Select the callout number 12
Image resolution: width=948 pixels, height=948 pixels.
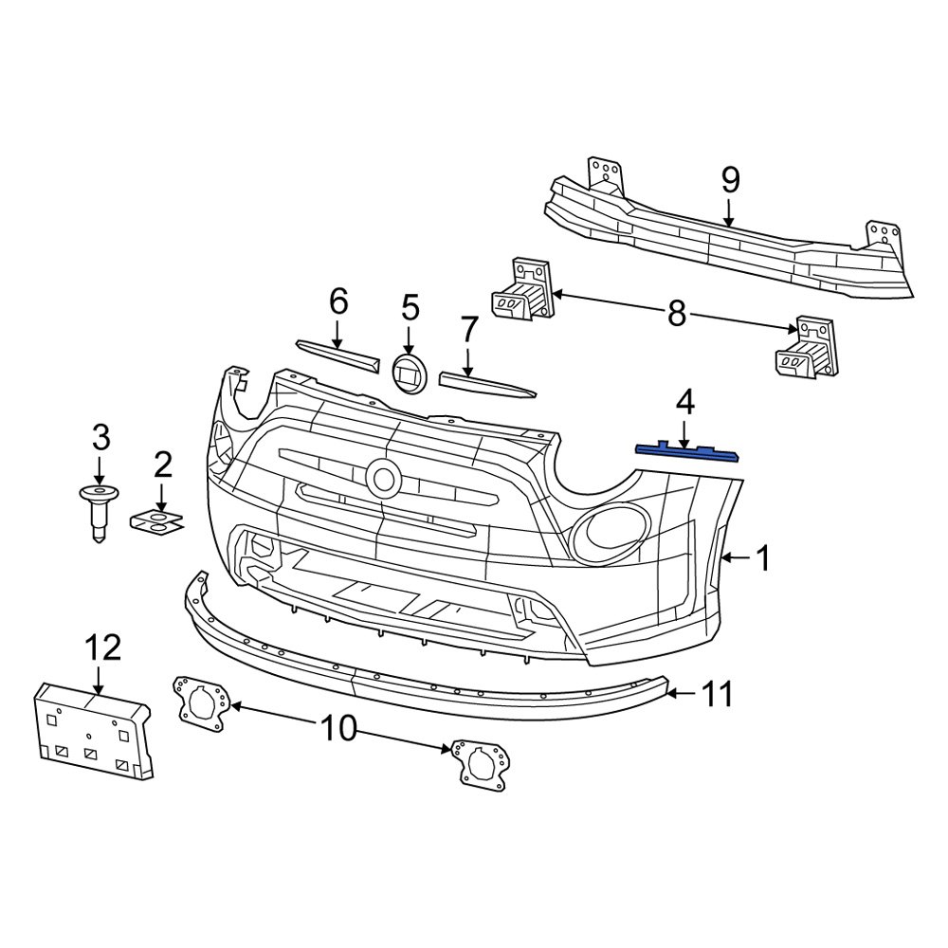click(102, 648)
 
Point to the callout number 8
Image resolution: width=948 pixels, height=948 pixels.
click(676, 315)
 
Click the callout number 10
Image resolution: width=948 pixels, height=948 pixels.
click(338, 728)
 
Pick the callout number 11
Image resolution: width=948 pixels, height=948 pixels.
click(717, 695)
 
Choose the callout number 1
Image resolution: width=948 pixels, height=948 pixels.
click(762, 559)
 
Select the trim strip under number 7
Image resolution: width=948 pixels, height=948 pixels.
click(486, 385)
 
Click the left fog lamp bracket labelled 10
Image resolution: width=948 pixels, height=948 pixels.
click(201, 704)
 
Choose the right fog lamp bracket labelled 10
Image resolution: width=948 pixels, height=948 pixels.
click(483, 763)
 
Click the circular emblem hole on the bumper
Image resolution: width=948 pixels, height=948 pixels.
click(384, 478)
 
